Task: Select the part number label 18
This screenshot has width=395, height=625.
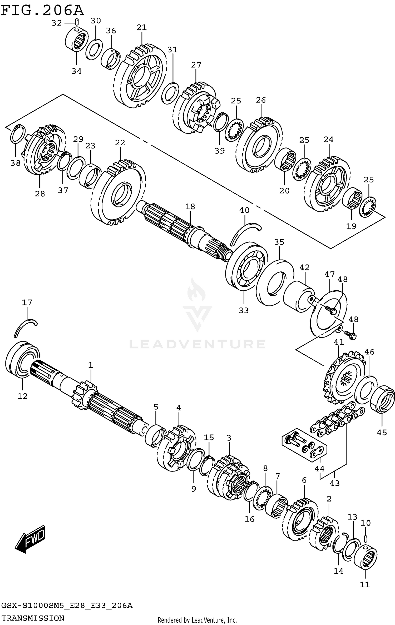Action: (x=190, y=207)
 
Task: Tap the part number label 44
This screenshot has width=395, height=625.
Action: (x=319, y=469)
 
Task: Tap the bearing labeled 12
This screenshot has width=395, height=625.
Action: (x=22, y=359)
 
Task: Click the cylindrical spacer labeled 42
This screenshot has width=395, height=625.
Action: (x=299, y=296)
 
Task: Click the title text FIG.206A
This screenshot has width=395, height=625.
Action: (x=42, y=11)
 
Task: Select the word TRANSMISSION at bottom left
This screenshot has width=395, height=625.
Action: (x=33, y=618)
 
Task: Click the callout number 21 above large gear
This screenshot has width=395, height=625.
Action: (x=141, y=27)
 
